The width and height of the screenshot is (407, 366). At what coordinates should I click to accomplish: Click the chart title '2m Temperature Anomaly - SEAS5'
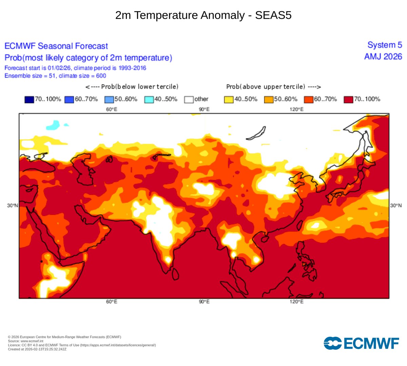[203, 15]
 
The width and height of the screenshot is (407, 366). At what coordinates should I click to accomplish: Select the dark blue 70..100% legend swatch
[29, 100]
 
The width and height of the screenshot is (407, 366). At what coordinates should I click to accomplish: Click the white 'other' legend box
[189, 100]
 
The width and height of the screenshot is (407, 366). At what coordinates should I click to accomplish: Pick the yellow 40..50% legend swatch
[229, 100]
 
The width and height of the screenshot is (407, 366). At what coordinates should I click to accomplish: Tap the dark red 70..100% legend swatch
[348, 100]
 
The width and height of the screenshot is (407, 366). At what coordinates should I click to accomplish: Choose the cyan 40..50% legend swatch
[149, 100]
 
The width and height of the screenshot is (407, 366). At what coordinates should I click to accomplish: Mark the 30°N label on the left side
[12, 206]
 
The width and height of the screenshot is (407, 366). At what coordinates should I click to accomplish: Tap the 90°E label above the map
[204, 109]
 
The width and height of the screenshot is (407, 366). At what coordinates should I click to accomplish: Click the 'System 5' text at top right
[385, 45]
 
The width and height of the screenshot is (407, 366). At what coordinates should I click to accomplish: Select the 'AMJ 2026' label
[383, 57]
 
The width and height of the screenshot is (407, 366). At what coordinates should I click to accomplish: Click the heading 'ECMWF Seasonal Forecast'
[56, 46]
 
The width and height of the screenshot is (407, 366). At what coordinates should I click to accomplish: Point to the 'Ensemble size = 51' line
[55, 76]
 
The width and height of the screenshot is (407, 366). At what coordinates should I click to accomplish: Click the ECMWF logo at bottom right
[361, 343]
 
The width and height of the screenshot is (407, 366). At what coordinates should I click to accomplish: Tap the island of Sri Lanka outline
[175, 274]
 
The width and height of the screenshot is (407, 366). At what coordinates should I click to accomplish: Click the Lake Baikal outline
[256, 133]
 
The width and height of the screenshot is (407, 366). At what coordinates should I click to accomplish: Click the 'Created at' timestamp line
[37, 349]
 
